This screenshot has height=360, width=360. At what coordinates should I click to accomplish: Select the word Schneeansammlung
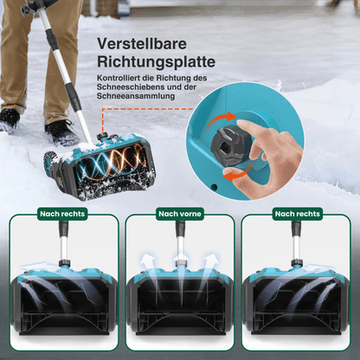point(137,96)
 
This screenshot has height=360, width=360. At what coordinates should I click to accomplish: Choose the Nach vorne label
point(179,213)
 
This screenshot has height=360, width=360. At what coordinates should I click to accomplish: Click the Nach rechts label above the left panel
point(62,213)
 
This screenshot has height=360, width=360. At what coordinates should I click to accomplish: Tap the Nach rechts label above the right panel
point(297,213)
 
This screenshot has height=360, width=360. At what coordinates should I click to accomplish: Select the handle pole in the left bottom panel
point(64,246)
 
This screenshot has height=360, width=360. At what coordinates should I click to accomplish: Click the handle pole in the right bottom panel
point(296,246)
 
